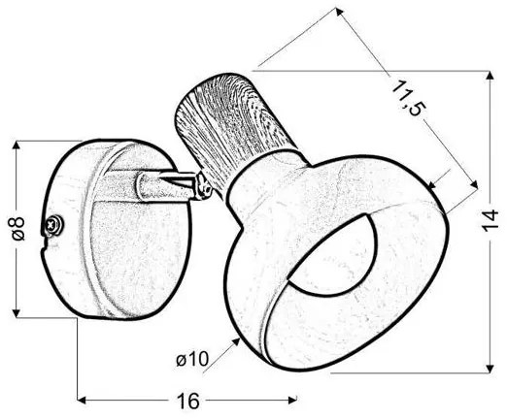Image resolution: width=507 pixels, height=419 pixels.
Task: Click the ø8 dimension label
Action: pyautogui.click(x=18, y=229)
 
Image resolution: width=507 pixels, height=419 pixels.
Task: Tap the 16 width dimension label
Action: pyautogui.click(x=188, y=402)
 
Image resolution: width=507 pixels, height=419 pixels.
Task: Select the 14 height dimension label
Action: pyautogui.click(x=490, y=221)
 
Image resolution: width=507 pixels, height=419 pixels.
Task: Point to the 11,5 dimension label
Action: pyautogui.click(x=407, y=99)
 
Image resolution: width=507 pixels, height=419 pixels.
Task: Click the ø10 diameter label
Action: pyautogui.click(x=192, y=359)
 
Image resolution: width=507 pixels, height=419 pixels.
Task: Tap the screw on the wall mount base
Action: pyautogui.click(x=53, y=224)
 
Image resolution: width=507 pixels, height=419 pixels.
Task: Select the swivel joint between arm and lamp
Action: pyautogui.click(x=203, y=186)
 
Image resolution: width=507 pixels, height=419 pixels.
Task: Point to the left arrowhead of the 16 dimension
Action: pyautogui.click(x=82, y=401)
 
